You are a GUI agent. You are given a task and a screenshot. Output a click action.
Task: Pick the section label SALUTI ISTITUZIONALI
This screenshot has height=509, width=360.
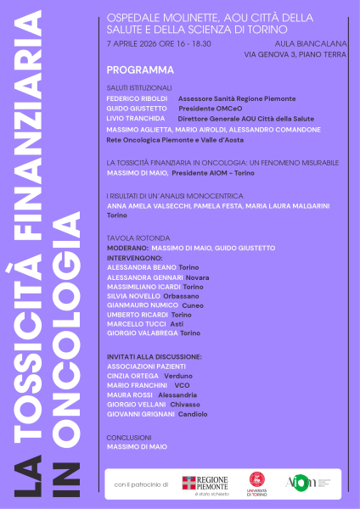pos(139,87)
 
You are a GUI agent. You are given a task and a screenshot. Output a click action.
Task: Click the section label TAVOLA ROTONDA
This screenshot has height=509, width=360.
pos(133,238)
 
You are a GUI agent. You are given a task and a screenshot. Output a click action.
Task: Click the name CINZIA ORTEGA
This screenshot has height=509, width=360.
pos(132,375)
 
